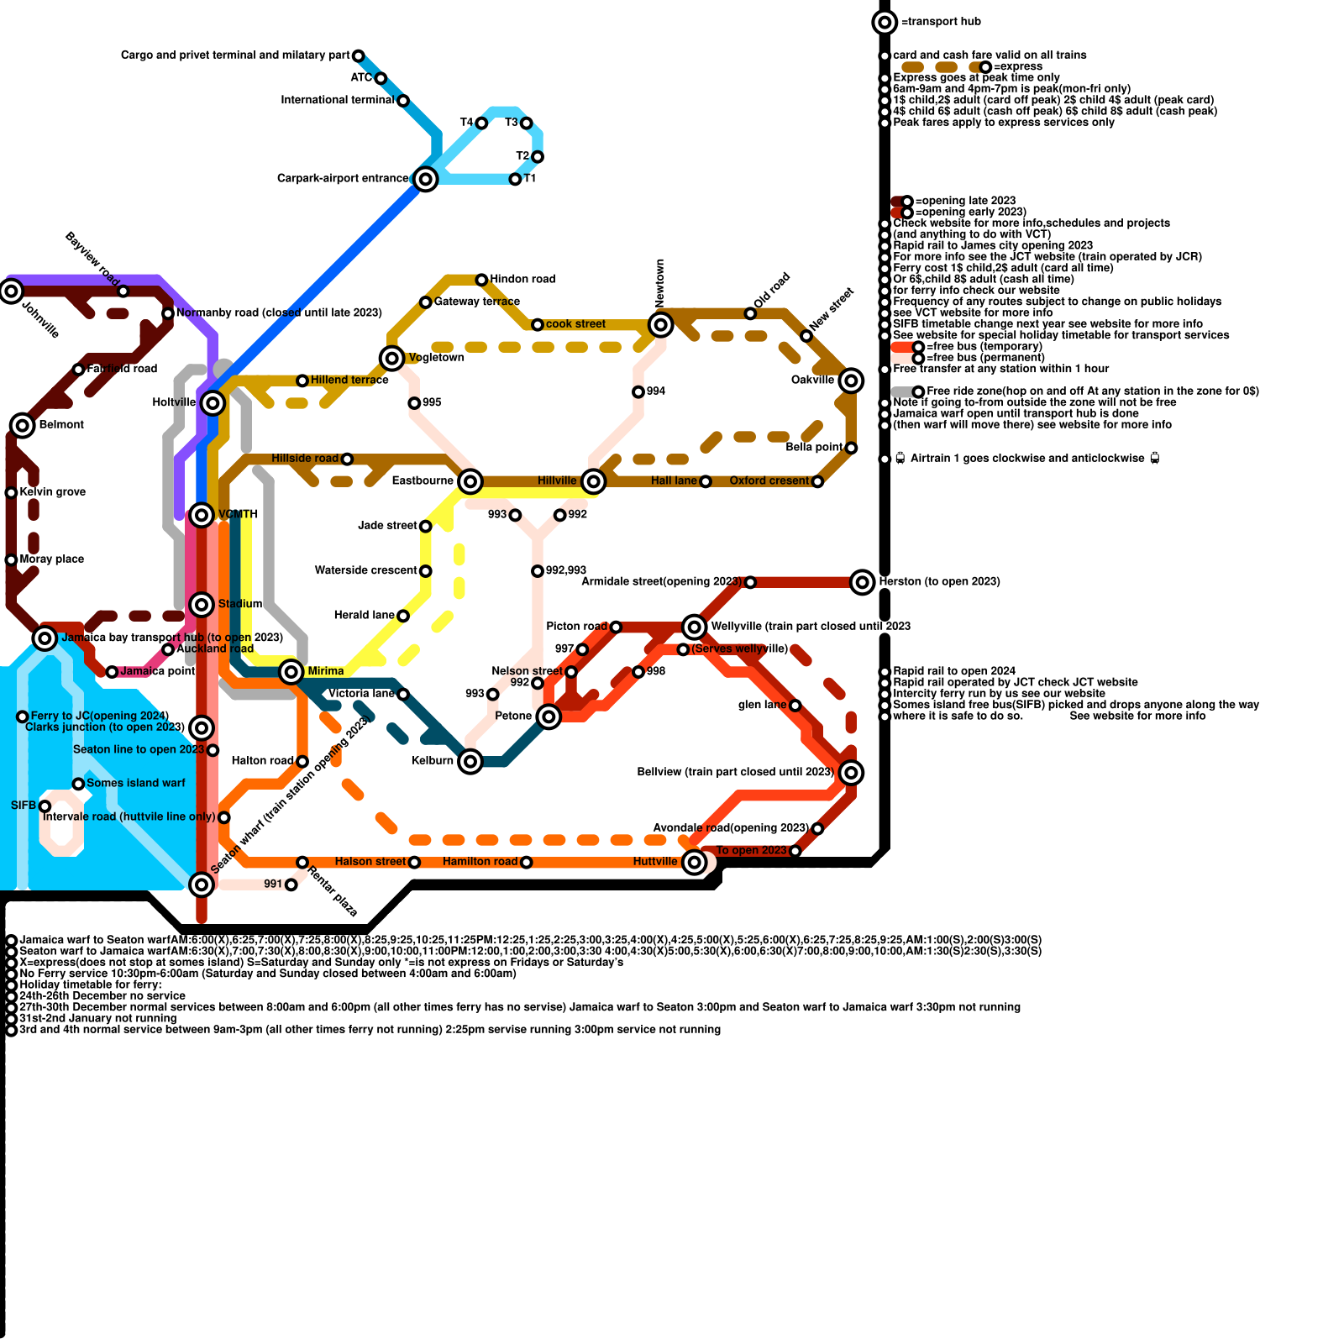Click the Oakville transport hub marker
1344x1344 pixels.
(x=851, y=381)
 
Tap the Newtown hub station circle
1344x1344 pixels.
(x=661, y=324)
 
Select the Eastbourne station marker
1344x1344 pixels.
(x=470, y=481)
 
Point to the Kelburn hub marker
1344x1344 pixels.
(x=470, y=762)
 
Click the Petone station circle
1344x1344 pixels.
(x=549, y=717)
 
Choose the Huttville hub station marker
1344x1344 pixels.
(x=694, y=862)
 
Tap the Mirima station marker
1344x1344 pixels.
(x=291, y=671)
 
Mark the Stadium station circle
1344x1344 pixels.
(x=202, y=604)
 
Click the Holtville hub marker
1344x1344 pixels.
(x=213, y=403)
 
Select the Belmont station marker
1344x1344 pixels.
(x=23, y=425)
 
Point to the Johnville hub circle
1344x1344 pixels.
(x=11, y=291)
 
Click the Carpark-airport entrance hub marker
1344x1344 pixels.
(x=426, y=179)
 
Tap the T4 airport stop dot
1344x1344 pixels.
(x=481, y=123)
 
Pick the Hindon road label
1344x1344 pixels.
(x=522, y=279)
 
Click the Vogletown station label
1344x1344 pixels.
(x=436, y=358)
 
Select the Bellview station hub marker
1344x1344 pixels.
(x=851, y=772)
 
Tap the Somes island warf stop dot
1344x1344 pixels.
(x=78, y=784)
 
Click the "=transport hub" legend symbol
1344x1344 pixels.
(x=885, y=22)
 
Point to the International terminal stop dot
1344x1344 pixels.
(x=403, y=101)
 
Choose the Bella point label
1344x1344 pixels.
(x=814, y=448)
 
